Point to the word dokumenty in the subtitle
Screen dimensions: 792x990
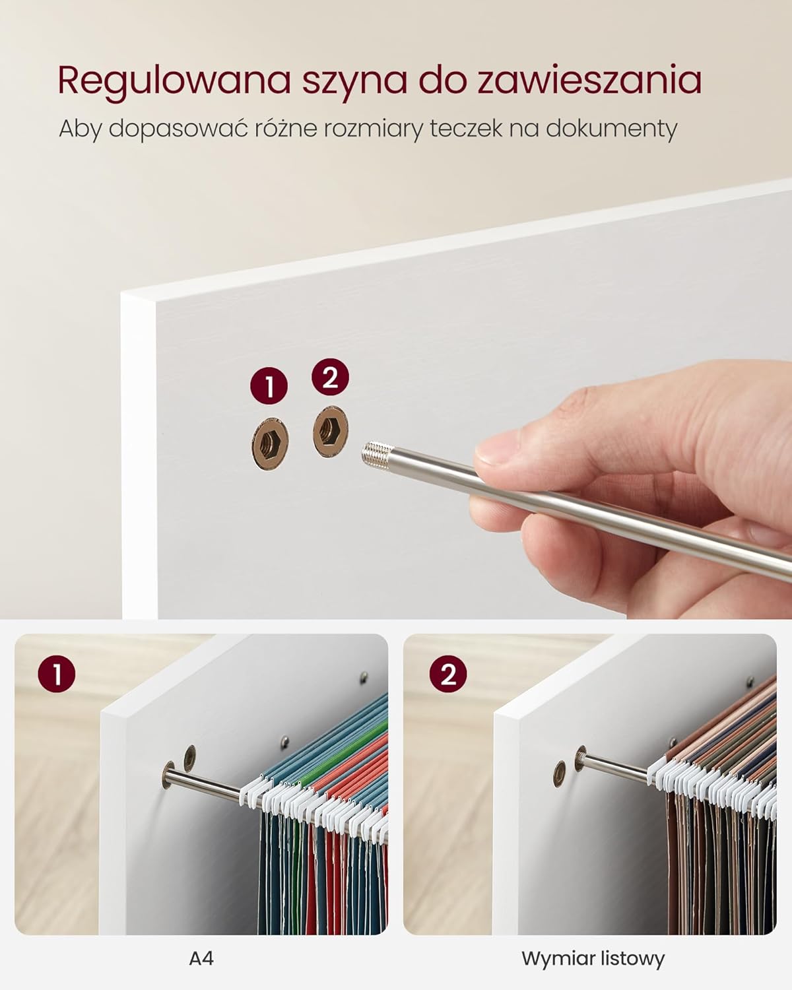coord(612,129)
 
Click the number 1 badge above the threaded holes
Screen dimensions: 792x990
coord(269,385)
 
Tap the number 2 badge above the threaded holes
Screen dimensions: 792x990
coord(330,377)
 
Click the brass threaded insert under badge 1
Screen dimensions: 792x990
coord(270,444)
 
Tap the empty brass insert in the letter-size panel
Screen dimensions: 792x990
coord(560,774)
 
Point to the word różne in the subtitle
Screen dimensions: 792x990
coord(284,128)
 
